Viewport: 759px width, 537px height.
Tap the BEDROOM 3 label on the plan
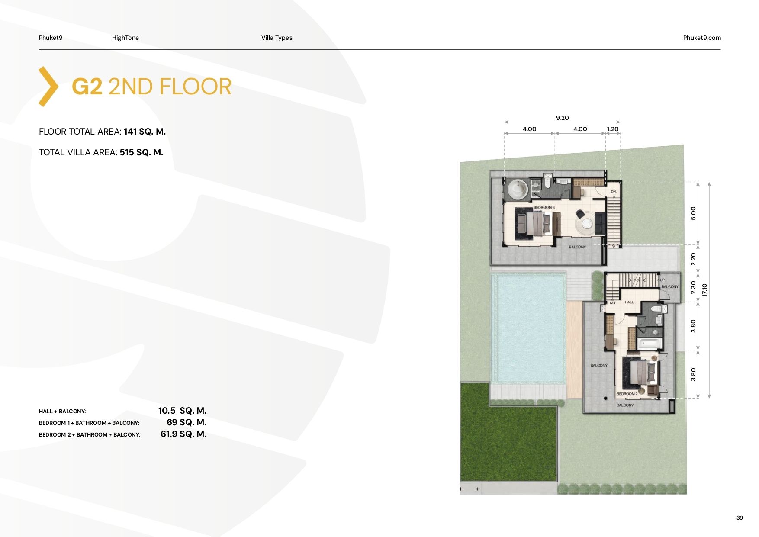pos(544,208)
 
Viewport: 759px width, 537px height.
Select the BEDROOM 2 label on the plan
pos(627,394)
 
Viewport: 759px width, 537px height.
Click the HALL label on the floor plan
pos(629,302)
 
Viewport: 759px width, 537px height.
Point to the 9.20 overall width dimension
pos(562,118)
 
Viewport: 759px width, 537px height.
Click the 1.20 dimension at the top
pos(613,129)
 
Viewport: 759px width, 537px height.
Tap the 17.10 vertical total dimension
pos(704,290)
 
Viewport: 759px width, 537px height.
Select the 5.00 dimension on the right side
pos(693,213)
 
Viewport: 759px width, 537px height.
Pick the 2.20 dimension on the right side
pos(693,259)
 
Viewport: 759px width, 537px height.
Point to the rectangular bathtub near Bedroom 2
pos(650,344)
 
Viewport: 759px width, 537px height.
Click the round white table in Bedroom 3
pos(587,224)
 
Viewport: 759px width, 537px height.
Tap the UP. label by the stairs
pos(663,280)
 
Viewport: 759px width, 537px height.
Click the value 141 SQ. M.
pos(145,132)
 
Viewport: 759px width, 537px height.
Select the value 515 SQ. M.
pos(142,152)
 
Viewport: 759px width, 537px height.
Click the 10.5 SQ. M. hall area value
pos(182,411)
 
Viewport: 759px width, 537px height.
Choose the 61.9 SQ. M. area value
pos(183,434)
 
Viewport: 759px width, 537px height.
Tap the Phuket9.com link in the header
pos(702,38)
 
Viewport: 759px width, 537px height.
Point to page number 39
pos(740,518)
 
